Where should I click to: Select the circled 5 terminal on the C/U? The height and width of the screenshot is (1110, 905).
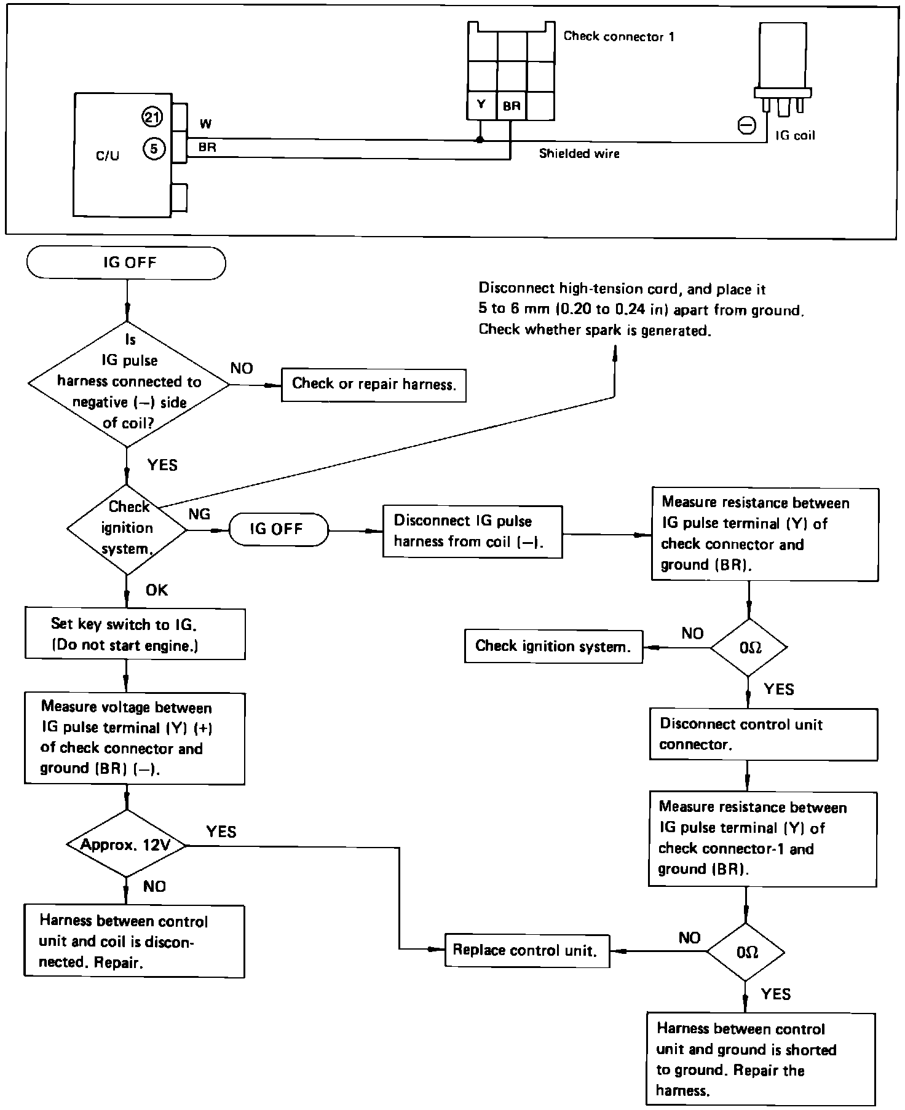(x=154, y=148)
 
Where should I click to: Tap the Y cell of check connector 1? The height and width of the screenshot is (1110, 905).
(x=481, y=105)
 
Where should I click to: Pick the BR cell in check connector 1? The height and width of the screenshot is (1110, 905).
(x=511, y=106)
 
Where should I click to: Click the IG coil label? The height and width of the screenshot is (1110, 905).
(x=795, y=135)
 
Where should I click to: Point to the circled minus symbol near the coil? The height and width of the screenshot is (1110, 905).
(x=746, y=126)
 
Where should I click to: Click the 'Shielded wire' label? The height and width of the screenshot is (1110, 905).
(x=579, y=154)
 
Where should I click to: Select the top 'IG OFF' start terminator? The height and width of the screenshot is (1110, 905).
(x=127, y=263)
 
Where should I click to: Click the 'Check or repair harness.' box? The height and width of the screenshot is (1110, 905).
(x=374, y=385)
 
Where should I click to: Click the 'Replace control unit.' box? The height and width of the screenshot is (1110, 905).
(x=527, y=950)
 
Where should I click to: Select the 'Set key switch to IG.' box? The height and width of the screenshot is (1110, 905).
(x=135, y=634)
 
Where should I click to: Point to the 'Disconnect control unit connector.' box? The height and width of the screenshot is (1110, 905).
(x=763, y=734)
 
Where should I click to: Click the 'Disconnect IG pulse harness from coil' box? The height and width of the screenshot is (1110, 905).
(x=472, y=532)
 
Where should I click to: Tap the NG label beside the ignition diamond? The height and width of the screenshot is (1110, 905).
(x=199, y=514)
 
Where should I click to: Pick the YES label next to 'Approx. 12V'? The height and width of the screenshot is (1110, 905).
(x=221, y=832)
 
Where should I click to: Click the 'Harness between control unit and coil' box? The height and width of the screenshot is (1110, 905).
(x=134, y=941)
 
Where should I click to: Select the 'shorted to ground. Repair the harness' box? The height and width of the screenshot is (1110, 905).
(x=761, y=1058)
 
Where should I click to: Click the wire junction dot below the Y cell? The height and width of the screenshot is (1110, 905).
(x=480, y=140)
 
